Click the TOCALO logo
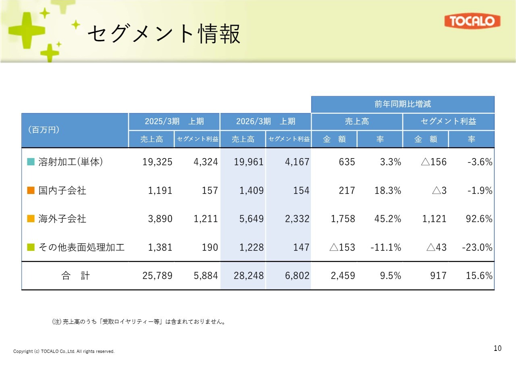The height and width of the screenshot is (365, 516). point(472,21)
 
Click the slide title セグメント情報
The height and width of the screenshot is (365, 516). point(164,33)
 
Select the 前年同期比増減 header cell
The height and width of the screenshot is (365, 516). point(402,104)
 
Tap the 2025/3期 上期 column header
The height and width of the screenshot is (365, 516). point(174,121)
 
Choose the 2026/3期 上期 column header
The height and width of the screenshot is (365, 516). point(266,121)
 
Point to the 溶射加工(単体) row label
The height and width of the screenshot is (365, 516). point(71,162)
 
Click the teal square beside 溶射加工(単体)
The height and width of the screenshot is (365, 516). point(31,162)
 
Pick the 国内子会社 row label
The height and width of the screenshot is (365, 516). point(62,190)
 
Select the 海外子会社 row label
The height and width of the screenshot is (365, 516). point(62,219)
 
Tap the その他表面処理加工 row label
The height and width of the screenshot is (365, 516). point(81,247)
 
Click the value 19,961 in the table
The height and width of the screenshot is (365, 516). point(249,162)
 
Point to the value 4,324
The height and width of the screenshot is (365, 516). point(206,162)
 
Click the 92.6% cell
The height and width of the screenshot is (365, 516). point(479,219)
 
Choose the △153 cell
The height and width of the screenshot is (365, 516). point(342,247)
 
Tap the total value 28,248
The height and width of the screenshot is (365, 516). point(249,276)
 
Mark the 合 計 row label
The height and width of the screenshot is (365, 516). point(75,276)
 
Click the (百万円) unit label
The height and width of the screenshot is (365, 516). point(44,130)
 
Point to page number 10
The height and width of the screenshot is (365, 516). point(497,348)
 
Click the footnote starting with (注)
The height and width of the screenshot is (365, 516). point(138,322)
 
